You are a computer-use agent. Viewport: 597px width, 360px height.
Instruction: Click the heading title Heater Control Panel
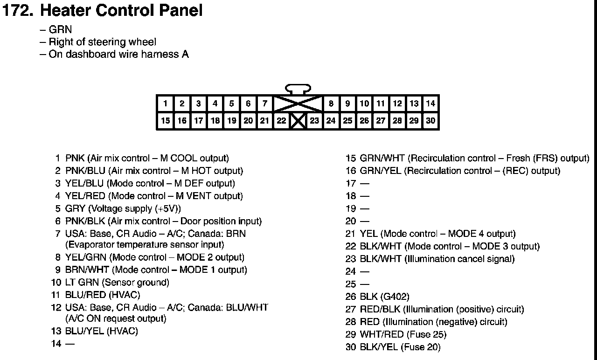(122, 10)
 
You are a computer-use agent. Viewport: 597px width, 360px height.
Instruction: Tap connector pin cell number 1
(166, 104)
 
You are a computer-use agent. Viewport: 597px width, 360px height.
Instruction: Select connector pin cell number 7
(265, 104)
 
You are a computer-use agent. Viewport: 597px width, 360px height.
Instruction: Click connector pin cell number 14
(430, 104)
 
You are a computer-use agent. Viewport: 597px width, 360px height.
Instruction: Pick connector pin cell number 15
(166, 121)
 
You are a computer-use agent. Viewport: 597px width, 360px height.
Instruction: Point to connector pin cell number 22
(281, 121)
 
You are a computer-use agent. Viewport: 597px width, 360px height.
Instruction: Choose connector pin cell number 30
(430, 121)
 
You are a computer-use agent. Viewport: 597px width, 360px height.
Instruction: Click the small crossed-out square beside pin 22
(298, 121)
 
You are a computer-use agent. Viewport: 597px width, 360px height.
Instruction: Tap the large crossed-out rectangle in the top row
(298, 104)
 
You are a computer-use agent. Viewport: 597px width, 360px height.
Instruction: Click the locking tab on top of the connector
(298, 89)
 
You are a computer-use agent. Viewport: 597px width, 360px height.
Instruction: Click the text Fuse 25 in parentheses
(426, 334)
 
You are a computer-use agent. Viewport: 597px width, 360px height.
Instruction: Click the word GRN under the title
(60, 30)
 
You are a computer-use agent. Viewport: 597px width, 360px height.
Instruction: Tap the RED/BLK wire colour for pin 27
(380, 309)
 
